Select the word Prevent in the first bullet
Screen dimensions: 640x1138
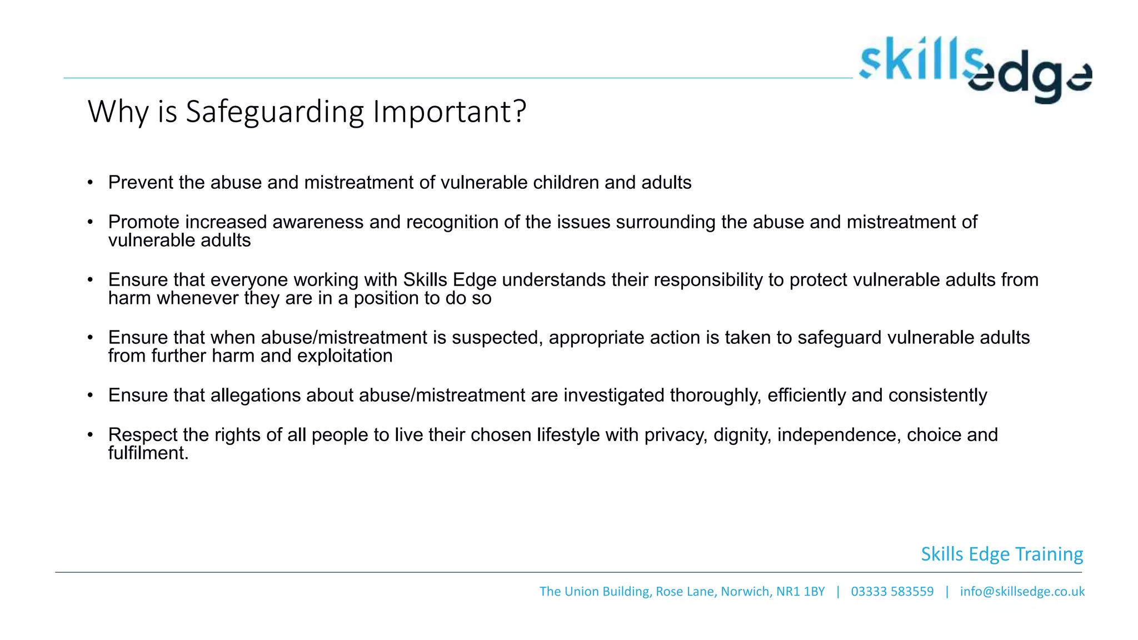141,183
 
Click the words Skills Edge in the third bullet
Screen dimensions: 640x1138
450,280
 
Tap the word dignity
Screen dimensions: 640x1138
742,435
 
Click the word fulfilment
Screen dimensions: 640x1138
148,453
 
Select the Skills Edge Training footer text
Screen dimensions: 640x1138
1002,554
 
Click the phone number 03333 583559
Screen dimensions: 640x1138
892,592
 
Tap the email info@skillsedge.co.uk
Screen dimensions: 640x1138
1022,592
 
